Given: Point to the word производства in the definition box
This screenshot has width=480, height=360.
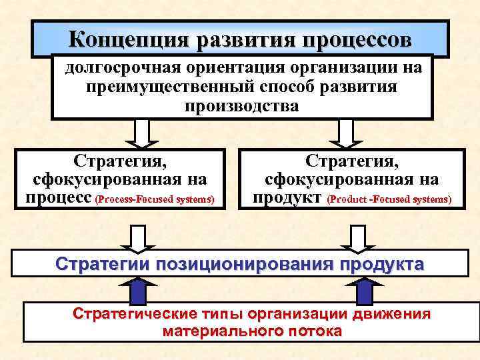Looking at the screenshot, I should pos(242,106).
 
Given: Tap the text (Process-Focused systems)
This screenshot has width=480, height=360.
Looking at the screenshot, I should pos(155,199).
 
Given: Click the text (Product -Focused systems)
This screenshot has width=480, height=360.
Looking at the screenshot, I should pos(389,199).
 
